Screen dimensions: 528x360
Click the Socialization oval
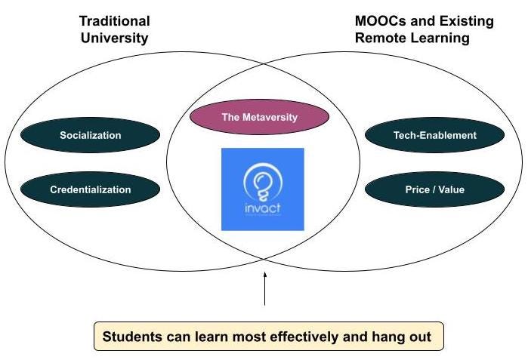90,136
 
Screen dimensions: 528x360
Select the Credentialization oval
90,190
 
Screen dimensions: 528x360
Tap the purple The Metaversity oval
259,118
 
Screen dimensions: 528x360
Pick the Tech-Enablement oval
434,136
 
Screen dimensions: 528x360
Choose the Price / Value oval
434,190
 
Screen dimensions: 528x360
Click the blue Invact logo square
262,189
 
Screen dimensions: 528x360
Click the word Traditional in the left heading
115,21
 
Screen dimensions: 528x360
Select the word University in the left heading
115,38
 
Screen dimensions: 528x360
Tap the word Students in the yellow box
131,337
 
